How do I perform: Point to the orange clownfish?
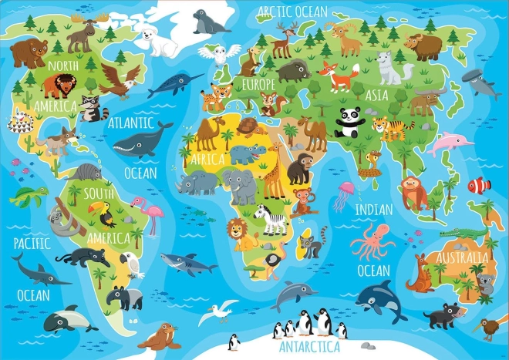point(479,185)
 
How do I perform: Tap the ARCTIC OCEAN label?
point(292,11)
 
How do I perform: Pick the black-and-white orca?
point(379,298)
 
